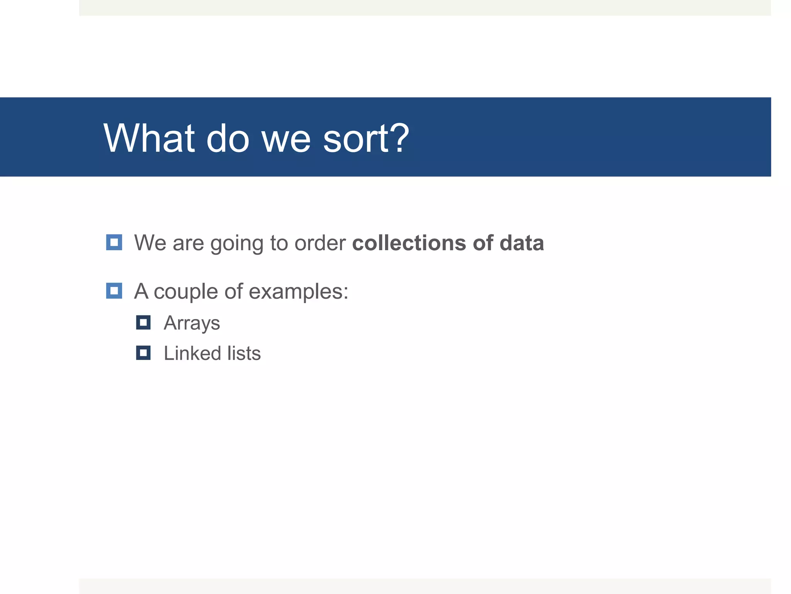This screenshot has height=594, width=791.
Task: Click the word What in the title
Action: click(x=149, y=138)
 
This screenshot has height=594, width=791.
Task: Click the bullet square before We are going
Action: click(x=114, y=242)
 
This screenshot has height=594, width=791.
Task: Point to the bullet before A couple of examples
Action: click(x=114, y=291)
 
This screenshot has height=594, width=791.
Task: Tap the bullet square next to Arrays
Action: click(x=143, y=323)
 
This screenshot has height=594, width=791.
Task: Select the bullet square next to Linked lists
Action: click(x=143, y=353)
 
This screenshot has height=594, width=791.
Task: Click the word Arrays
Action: click(x=192, y=323)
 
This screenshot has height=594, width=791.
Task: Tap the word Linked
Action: click(x=192, y=353)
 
